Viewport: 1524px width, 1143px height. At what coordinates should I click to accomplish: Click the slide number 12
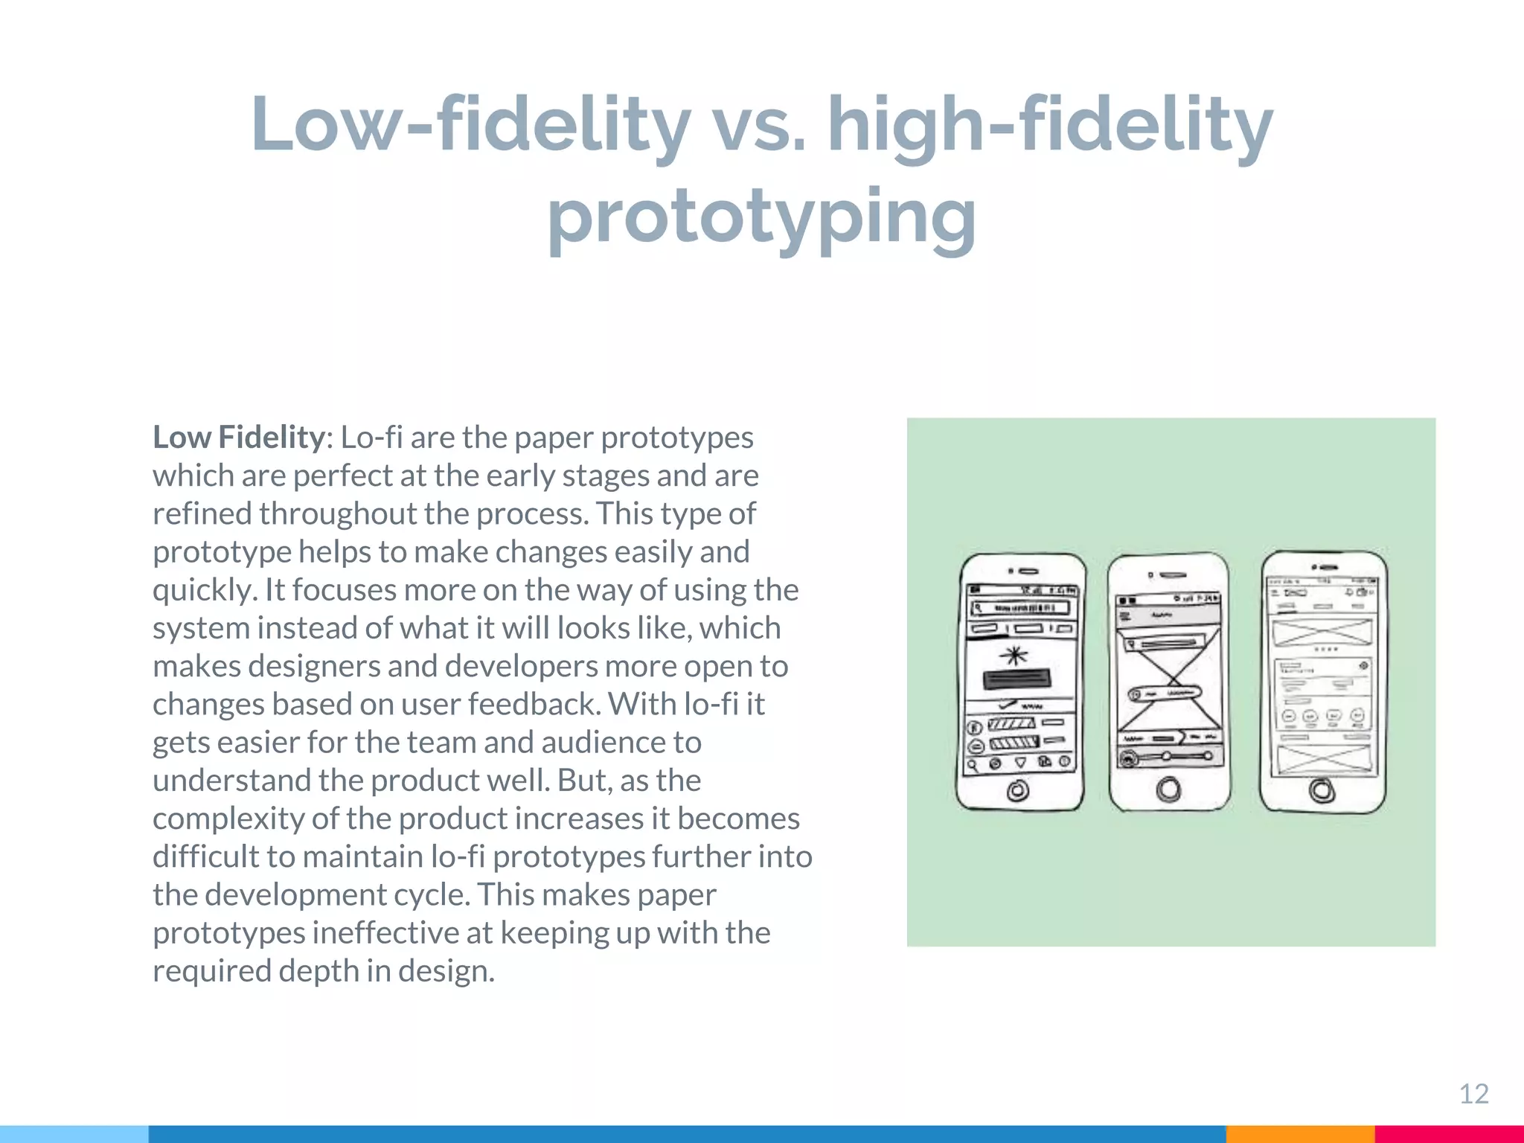tap(1473, 1093)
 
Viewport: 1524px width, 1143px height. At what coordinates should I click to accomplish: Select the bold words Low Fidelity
tap(238, 437)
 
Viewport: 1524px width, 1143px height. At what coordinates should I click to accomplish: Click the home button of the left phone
tap(1017, 790)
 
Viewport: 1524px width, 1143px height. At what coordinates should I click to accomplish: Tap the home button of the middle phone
tap(1169, 789)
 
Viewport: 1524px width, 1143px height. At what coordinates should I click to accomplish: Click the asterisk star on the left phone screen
tap(1014, 656)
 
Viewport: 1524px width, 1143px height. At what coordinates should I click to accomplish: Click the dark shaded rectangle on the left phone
tap(1017, 679)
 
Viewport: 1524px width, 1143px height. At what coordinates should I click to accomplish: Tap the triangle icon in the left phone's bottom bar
tap(1021, 763)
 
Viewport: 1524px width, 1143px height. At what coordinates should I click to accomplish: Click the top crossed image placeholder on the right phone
tap(1322, 633)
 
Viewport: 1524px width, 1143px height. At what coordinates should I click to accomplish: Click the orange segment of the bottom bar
tap(1299, 1134)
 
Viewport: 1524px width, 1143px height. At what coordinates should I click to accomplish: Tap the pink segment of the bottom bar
tap(1449, 1134)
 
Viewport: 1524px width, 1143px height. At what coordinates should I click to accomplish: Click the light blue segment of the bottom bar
tap(74, 1134)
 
